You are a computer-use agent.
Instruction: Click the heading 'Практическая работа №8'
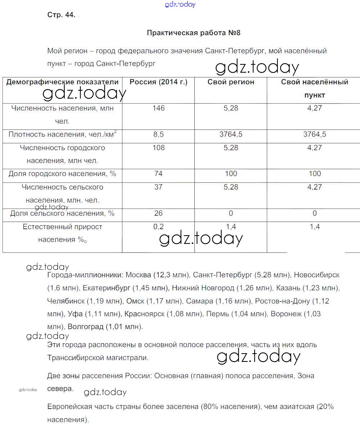tap(193, 33)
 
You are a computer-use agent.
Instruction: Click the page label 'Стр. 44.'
tap(61, 15)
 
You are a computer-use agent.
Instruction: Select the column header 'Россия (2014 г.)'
tap(158, 82)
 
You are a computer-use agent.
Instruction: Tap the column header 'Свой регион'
tap(231, 82)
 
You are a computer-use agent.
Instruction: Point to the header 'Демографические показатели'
tap(62, 82)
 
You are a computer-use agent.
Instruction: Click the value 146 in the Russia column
tap(158, 108)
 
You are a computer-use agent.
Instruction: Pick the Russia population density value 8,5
tap(158, 134)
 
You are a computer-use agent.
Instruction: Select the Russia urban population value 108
tap(158, 147)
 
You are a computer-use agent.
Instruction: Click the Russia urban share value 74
tap(158, 174)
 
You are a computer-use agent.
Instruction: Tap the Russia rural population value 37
tap(158, 187)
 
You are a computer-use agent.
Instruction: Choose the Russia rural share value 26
tap(158, 213)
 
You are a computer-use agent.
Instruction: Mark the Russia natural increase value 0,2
tap(158, 227)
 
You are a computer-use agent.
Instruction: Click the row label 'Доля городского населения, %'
tap(62, 174)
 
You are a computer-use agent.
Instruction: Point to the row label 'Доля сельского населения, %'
tap(62, 213)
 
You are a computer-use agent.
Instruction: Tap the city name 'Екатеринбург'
tap(107, 288)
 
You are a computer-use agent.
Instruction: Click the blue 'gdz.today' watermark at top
tap(180, 4)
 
